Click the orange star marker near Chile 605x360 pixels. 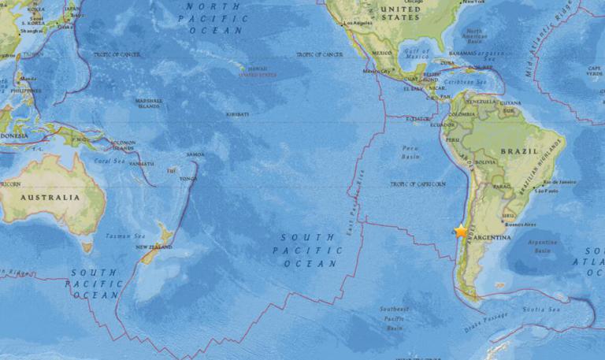461,231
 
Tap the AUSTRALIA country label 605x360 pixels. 50,197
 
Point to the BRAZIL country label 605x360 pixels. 521,150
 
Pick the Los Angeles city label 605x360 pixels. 355,24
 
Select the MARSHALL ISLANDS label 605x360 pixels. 148,103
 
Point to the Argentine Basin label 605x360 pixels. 541,246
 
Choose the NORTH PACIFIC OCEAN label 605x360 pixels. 212,17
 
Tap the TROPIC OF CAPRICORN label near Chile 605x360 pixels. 413,184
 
